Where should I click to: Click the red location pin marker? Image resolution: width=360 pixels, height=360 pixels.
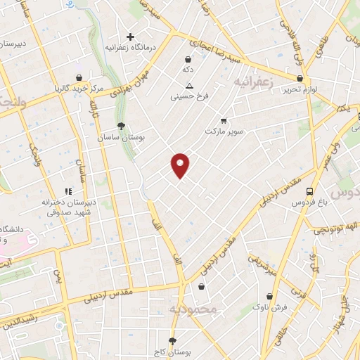point(181,165)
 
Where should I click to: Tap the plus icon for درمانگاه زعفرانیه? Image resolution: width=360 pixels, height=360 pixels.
point(129,37)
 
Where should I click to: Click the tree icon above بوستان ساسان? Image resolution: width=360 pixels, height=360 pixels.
point(122,127)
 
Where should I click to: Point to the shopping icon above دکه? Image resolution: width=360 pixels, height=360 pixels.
point(188,60)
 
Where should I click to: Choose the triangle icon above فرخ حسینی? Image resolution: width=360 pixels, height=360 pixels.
point(188,86)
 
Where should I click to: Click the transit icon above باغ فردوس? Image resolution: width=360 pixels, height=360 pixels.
point(309,191)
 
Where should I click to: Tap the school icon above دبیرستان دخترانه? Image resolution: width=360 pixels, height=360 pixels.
point(68,191)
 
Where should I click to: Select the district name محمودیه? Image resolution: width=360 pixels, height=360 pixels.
point(188,309)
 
